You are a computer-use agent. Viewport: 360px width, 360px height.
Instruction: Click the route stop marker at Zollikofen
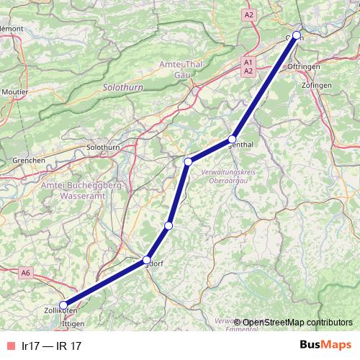click(x=63, y=305)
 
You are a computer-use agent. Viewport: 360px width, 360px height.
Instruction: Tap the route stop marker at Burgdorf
click(x=147, y=260)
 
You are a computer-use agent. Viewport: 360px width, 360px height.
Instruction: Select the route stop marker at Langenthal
click(x=232, y=139)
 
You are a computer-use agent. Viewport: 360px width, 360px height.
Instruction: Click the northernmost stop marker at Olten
click(x=296, y=35)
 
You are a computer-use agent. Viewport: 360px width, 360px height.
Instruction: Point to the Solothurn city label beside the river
click(x=102, y=148)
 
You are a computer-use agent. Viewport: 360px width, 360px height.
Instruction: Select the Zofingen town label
click(x=317, y=85)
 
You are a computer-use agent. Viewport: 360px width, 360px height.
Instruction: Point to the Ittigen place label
click(x=73, y=324)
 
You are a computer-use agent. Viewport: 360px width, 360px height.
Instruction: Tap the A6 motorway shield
click(x=26, y=272)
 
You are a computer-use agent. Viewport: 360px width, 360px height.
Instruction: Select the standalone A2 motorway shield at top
click(x=249, y=14)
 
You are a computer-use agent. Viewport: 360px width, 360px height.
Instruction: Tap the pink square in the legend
click(x=9, y=346)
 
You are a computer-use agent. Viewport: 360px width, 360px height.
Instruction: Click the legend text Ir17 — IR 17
click(x=50, y=346)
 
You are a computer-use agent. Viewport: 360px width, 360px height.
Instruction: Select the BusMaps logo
click(x=325, y=345)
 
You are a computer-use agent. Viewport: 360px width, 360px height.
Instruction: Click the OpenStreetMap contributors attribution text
click(x=297, y=322)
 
